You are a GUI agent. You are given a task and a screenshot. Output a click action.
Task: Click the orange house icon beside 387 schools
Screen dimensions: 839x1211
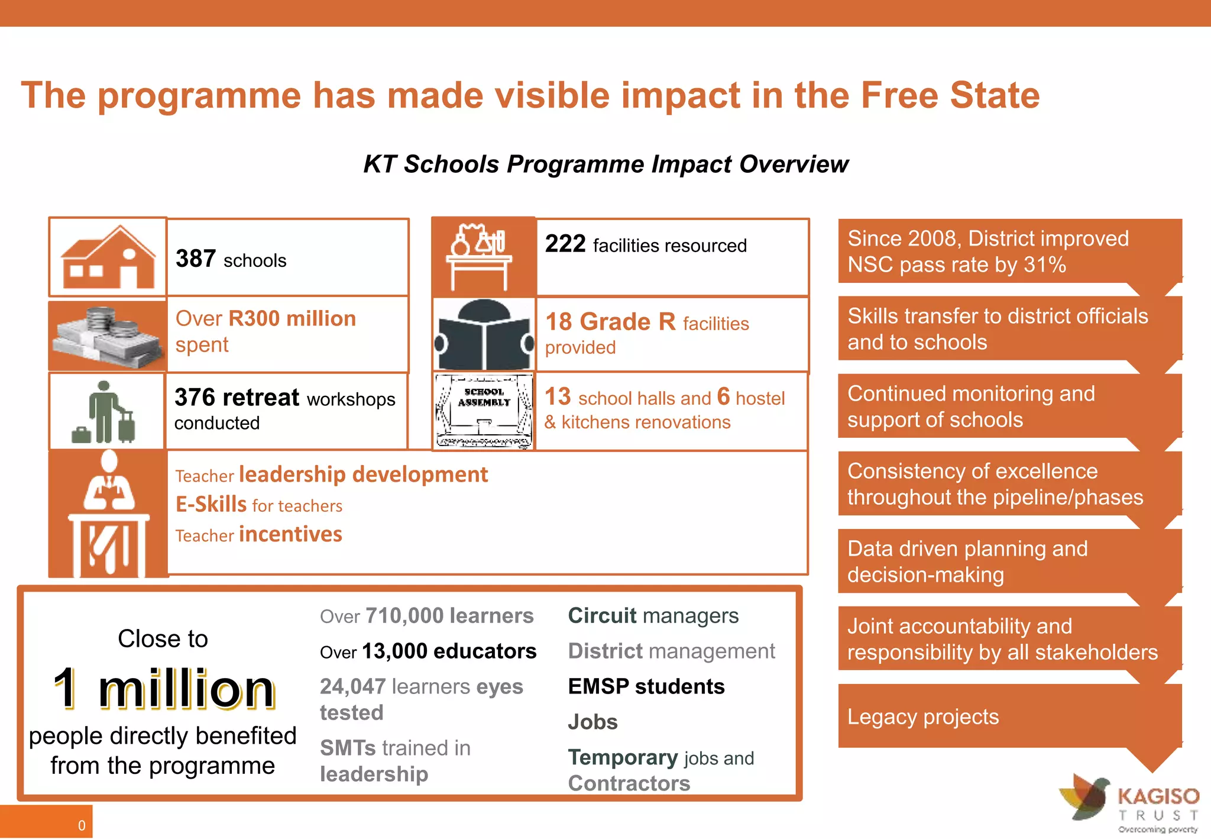(108, 258)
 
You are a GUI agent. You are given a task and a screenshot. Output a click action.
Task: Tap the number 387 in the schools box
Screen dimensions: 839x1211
(196, 259)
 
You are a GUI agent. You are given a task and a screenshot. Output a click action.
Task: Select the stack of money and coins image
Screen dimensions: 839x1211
(108, 335)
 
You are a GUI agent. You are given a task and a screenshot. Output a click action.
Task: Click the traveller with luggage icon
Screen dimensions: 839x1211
(105, 412)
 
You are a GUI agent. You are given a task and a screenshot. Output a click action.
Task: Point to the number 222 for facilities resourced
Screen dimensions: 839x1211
(565, 244)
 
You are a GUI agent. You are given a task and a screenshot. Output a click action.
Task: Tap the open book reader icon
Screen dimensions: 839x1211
(484, 335)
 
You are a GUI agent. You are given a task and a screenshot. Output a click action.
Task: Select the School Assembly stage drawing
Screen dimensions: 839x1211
(484, 411)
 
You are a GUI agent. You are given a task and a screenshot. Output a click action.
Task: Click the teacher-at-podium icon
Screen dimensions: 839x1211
(109, 514)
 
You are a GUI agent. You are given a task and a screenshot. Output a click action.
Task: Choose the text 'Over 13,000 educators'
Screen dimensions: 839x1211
(428, 651)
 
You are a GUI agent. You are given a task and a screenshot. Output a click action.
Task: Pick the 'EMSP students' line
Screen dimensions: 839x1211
(646, 686)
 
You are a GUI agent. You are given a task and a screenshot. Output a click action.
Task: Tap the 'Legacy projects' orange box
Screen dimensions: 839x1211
(1009, 717)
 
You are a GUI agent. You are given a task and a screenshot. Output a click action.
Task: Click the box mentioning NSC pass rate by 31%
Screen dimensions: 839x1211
(1009, 251)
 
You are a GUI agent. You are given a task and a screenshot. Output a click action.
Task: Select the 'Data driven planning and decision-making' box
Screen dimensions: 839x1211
(1009, 562)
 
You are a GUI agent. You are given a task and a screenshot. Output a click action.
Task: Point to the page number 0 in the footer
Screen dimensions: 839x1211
(82, 825)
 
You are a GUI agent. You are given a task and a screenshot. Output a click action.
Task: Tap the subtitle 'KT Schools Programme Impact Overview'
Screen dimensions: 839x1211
(605, 164)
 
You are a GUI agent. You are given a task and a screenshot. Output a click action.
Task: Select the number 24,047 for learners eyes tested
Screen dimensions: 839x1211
(353, 687)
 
